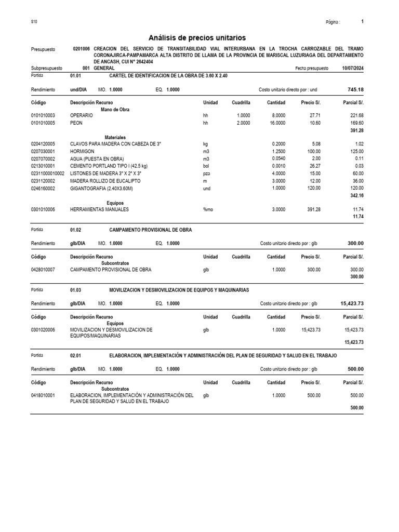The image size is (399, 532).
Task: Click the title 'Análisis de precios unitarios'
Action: (197, 38)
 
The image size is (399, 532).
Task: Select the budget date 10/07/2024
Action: (353, 68)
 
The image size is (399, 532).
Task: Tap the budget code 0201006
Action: (82, 48)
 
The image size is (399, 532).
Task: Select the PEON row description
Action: (76, 123)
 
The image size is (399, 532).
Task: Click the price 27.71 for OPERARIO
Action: (314, 115)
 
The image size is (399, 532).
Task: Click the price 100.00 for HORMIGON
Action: (313, 151)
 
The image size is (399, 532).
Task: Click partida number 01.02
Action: (75, 229)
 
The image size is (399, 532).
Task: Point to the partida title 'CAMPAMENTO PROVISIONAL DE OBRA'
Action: (151, 229)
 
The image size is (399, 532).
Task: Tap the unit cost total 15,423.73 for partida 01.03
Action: (352, 304)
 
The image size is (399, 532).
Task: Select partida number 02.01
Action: (75, 355)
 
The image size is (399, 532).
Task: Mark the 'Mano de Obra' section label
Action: (115, 109)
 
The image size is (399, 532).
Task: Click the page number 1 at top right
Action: (362, 22)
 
